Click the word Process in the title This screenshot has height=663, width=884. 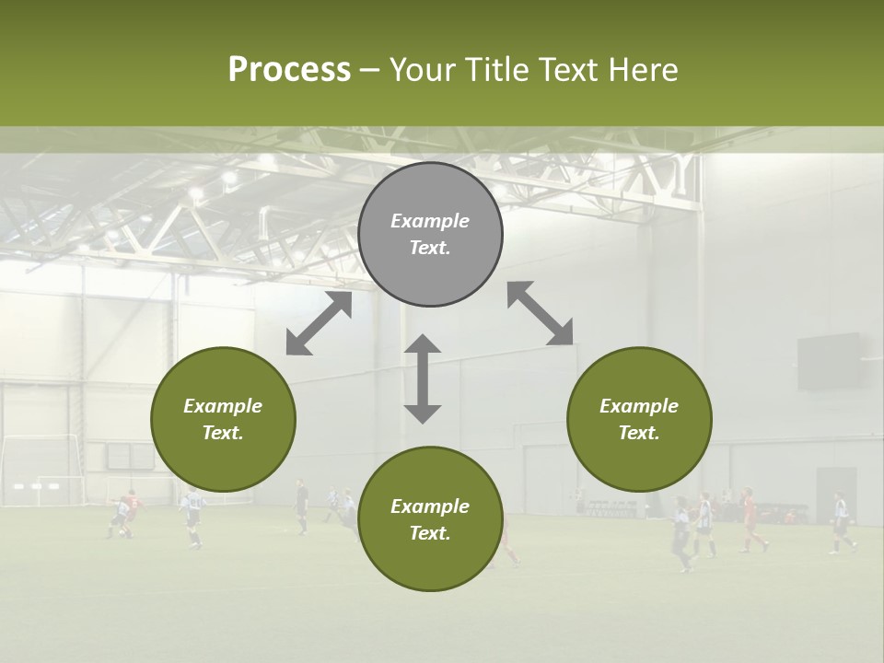(289, 70)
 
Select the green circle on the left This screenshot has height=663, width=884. (223, 419)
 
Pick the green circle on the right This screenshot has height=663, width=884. (639, 419)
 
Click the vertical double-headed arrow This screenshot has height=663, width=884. (423, 378)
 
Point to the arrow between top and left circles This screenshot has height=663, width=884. (319, 323)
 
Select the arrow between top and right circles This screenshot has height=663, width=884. (541, 313)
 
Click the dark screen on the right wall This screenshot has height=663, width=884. (828, 361)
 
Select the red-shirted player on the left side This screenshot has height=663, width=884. (130, 512)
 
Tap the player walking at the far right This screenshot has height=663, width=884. (841, 524)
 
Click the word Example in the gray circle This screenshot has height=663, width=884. (430, 221)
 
